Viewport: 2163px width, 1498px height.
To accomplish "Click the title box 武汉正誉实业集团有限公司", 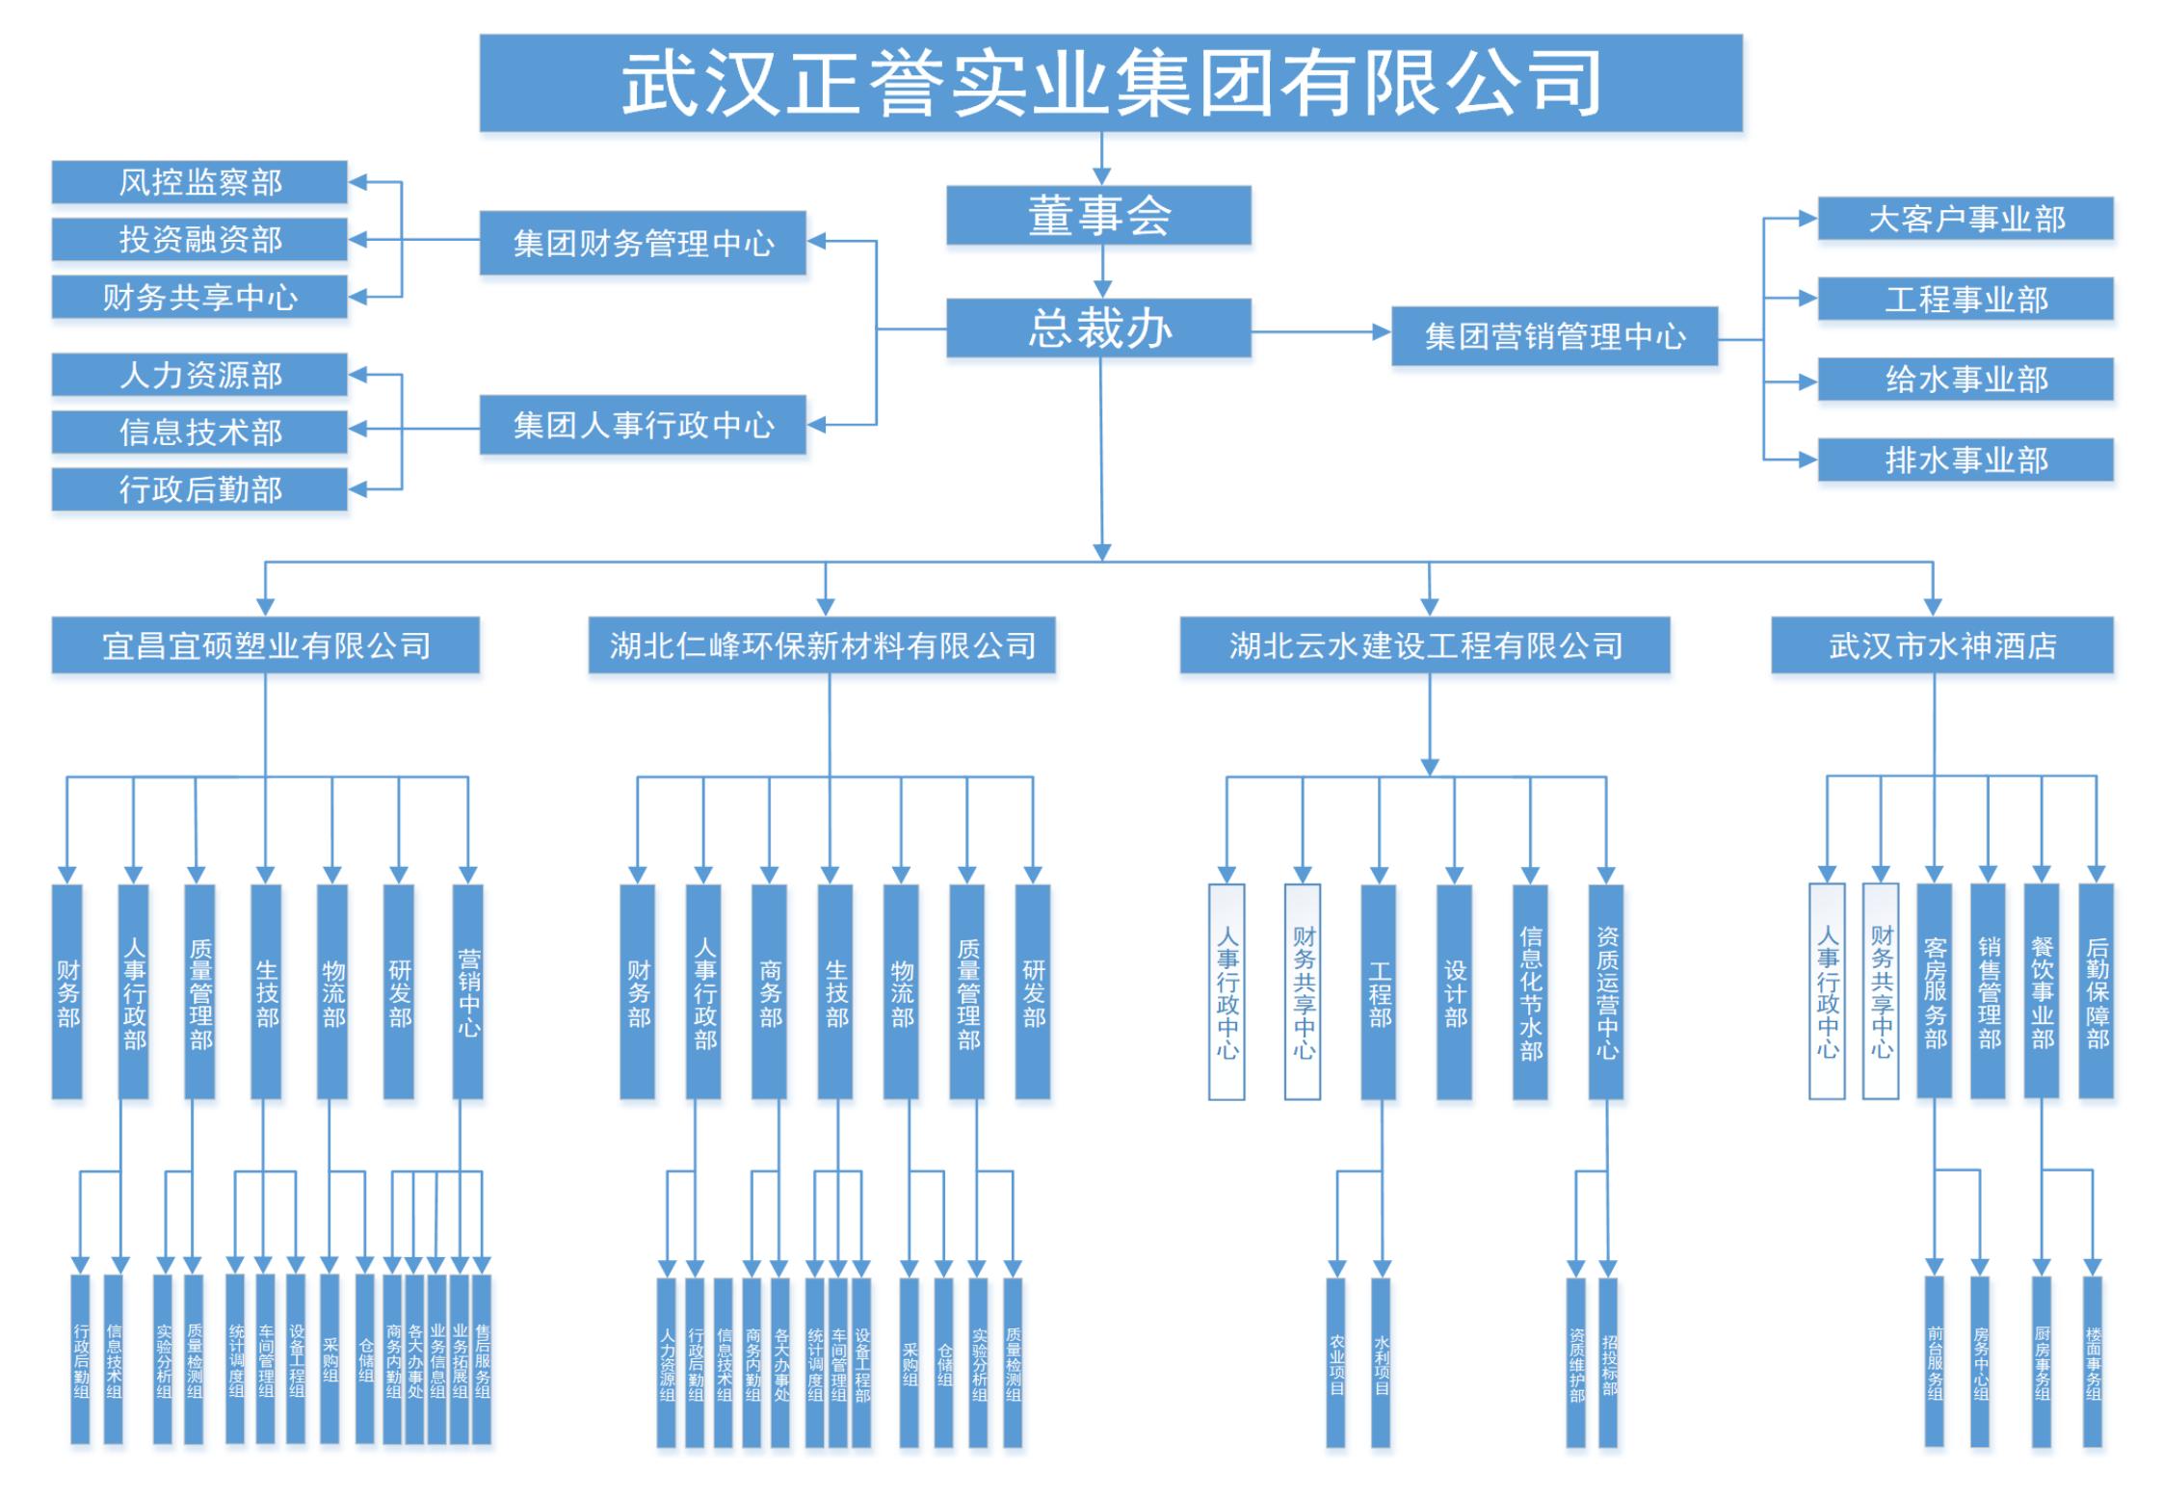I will coord(1110,83).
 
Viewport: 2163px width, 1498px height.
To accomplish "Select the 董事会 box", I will coord(1098,215).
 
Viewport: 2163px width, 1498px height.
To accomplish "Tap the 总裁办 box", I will coord(1098,329).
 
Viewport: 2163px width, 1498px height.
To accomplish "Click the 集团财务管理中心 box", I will coord(643,243).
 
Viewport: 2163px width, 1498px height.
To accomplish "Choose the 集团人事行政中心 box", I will coord(643,425).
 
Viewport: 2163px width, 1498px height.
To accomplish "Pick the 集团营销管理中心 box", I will coord(1554,336).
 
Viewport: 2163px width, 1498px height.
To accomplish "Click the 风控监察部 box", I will coord(199,182).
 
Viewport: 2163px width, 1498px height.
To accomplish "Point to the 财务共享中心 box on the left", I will coord(199,297).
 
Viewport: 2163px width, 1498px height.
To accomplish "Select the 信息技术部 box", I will coord(199,432).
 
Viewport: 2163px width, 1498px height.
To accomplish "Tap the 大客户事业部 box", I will coord(1965,219).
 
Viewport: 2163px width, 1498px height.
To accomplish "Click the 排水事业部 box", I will coord(1965,460).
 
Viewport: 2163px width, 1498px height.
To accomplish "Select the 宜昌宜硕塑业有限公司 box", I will coord(265,645).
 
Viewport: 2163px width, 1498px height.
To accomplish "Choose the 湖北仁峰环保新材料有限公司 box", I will coord(822,645).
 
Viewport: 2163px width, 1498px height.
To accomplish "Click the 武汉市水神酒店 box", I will coord(1941,645).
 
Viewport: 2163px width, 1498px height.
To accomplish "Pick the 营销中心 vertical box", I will coord(468,992).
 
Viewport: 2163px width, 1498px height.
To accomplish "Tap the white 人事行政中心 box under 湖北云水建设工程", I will coord(1227,992).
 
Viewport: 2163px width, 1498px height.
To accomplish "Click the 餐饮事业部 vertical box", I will coord(2042,992).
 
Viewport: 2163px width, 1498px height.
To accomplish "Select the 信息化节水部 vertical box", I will coord(1530,992).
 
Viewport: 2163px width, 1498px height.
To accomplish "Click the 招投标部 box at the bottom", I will coord(1608,1362).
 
